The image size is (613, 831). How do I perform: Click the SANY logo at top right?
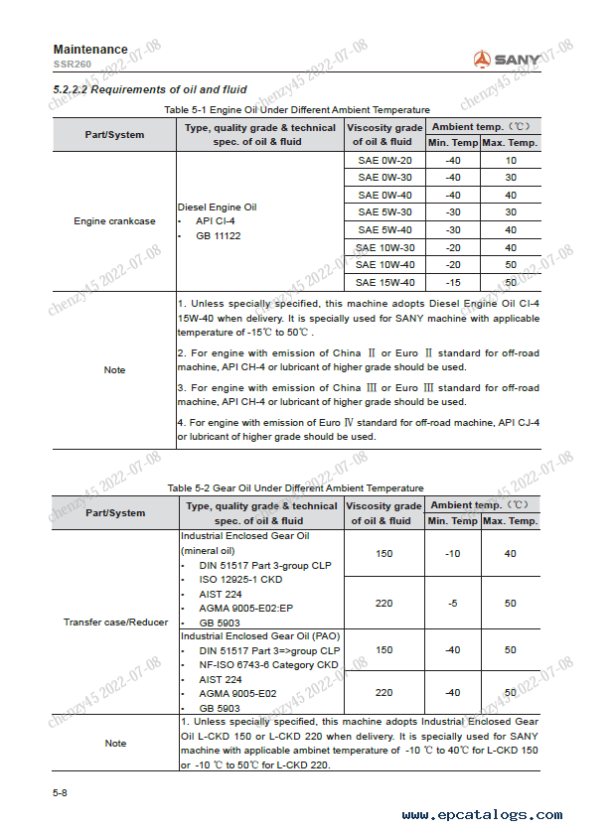point(507,60)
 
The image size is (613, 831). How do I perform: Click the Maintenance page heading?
point(90,50)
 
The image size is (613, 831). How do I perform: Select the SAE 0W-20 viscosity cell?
point(384,160)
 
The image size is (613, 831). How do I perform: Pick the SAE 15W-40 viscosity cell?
point(384,282)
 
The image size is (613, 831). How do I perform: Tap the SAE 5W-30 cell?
point(384,212)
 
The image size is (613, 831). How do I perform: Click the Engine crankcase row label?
point(114,221)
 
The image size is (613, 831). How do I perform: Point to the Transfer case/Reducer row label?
point(115,623)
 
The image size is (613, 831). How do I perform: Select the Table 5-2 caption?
point(296,487)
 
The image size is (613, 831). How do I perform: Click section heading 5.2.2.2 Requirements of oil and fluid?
point(150,90)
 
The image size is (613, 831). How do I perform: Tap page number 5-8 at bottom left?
point(62,792)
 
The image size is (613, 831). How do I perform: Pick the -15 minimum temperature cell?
point(453,282)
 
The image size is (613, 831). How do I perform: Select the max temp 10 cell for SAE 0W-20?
point(511,160)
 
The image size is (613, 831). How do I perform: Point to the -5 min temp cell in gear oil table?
point(453,604)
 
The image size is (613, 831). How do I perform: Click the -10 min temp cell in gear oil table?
point(453,553)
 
